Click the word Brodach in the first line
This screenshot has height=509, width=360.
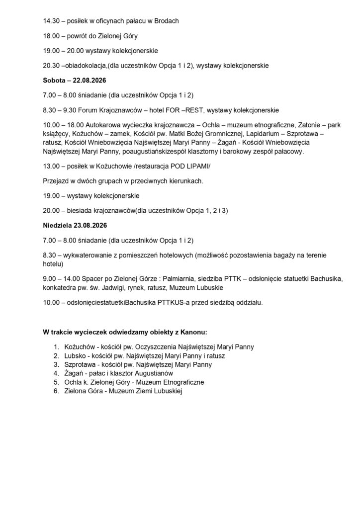tap(166, 22)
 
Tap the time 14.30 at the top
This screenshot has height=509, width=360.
tap(52, 22)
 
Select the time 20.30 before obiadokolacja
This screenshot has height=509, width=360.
tap(52, 65)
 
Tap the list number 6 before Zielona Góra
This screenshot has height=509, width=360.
tap(56, 392)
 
